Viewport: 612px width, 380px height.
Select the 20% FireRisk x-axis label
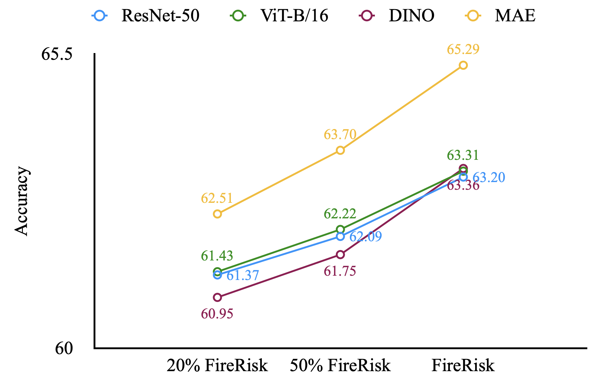point(217,365)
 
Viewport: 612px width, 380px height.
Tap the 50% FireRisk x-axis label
point(340,365)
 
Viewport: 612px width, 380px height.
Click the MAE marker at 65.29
point(463,65)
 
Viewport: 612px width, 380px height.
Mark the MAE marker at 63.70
point(340,150)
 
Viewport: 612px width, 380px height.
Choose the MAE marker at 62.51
point(217,214)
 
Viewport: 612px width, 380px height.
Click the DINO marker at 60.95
point(217,297)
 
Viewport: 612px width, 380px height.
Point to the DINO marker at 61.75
point(340,255)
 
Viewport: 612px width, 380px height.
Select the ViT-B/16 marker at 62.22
point(340,229)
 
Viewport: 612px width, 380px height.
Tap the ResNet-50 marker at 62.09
point(340,236)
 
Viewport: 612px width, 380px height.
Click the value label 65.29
point(463,49)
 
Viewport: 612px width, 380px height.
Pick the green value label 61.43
point(217,256)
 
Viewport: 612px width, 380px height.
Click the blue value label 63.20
point(489,177)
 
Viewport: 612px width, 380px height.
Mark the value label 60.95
point(217,314)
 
